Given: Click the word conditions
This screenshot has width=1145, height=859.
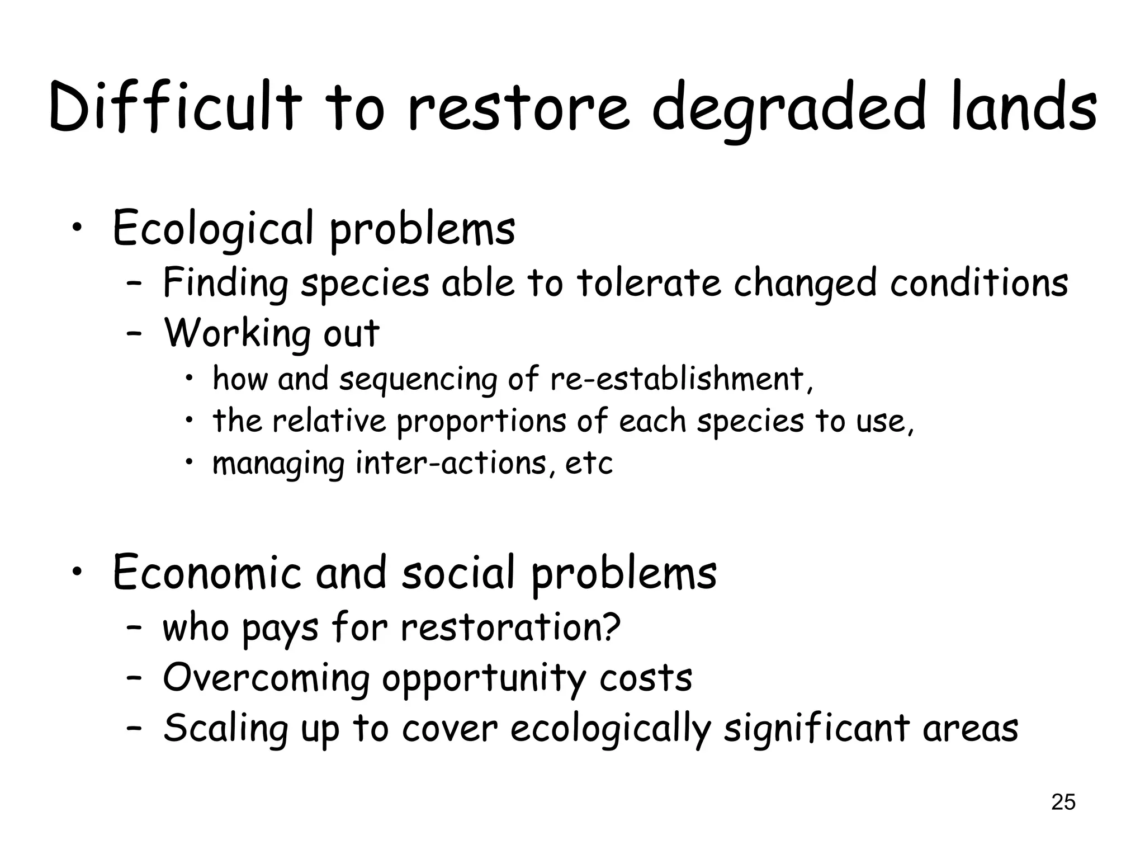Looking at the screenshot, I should pos(979,282).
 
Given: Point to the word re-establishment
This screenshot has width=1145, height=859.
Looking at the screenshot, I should pos(680,379).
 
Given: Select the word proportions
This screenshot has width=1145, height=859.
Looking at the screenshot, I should pos(481,422).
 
